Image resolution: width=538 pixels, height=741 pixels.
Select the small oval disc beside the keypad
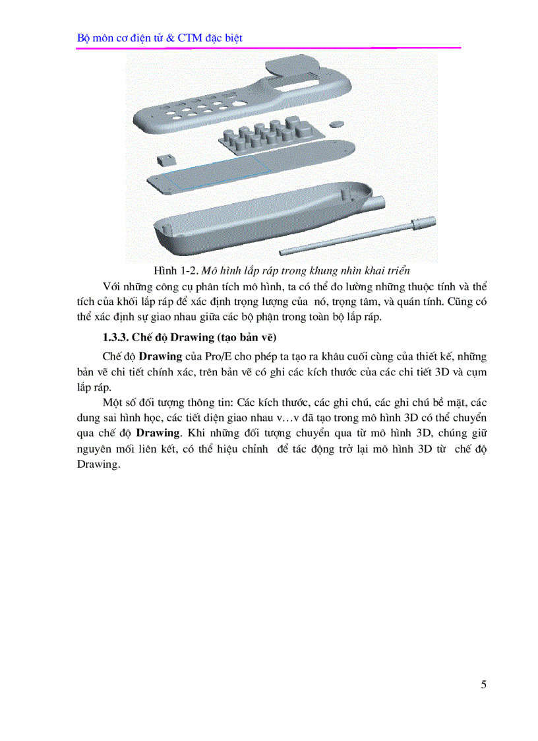tap(337, 123)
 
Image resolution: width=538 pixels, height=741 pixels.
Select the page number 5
tap(484, 684)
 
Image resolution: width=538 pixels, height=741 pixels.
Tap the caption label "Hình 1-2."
tap(175, 271)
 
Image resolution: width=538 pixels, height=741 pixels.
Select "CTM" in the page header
tap(191, 38)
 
